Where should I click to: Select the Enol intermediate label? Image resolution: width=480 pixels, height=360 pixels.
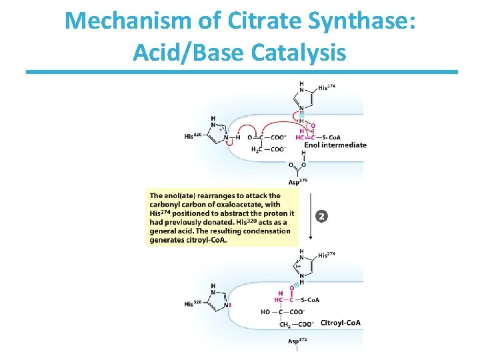[x=335, y=145]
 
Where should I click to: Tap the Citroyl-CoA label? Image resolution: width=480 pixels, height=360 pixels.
[x=341, y=323]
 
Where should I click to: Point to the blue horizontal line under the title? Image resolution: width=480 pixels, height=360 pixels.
[x=241, y=72]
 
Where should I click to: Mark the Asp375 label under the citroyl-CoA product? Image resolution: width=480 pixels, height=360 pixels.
[x=297, y=341]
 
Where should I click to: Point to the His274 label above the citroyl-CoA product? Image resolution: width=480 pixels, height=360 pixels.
[x=328, y=255]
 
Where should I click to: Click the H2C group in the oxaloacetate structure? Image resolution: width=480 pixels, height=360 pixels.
[x=257, y=150]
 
